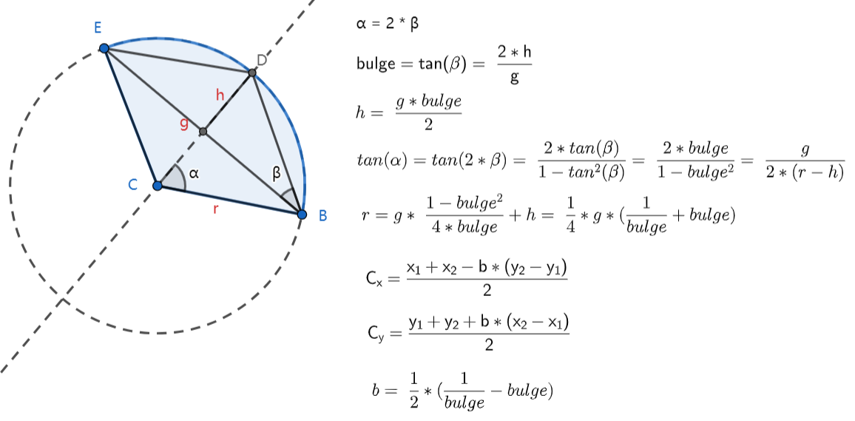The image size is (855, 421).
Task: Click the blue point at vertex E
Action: click(104, 48)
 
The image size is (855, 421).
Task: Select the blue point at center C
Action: click(157, 185)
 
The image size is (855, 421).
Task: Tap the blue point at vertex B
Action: click(302, 215)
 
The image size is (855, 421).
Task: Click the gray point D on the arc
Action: click(252, 73)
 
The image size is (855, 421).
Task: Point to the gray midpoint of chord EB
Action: click(203, 132)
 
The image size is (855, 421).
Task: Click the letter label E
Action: click(98, 28)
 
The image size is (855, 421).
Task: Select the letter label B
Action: click(322, 216)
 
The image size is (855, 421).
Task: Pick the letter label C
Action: click(133, 185)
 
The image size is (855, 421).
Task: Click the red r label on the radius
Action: click(215, 209)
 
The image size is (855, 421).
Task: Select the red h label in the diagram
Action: click(219, 95)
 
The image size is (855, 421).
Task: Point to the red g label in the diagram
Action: click(184, 123)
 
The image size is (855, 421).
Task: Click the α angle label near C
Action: click(194, 173)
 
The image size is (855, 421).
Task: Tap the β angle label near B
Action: click(277, 174)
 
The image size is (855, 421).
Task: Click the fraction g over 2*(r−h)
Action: click(805, 161)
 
